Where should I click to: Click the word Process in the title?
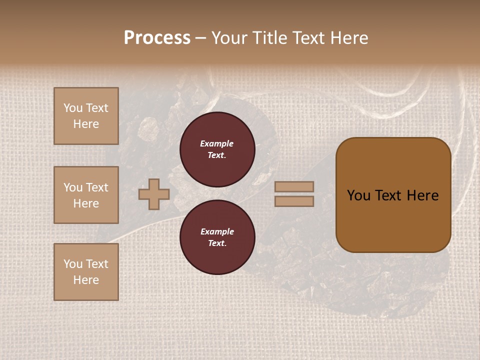tap(157, 38)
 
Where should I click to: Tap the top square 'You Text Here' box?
tap(86, 116)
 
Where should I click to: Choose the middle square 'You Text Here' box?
tap(86, 195)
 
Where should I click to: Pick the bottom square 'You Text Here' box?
tap(86, 272)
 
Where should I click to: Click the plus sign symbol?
tap(154, 194)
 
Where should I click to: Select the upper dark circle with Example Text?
tap(217, 149)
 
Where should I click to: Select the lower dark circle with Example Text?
tap(217, 237)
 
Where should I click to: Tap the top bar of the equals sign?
tap(294, 186)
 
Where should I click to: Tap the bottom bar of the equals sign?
tap(294, 201)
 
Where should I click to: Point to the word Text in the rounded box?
tap(388, 195)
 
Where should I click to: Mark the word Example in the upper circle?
tap(217, 143)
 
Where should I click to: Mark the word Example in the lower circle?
tap(217, 231)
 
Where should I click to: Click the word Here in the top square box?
tap(86, 124)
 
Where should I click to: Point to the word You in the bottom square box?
tap(73, 264)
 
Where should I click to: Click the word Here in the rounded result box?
tap(423, 195)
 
